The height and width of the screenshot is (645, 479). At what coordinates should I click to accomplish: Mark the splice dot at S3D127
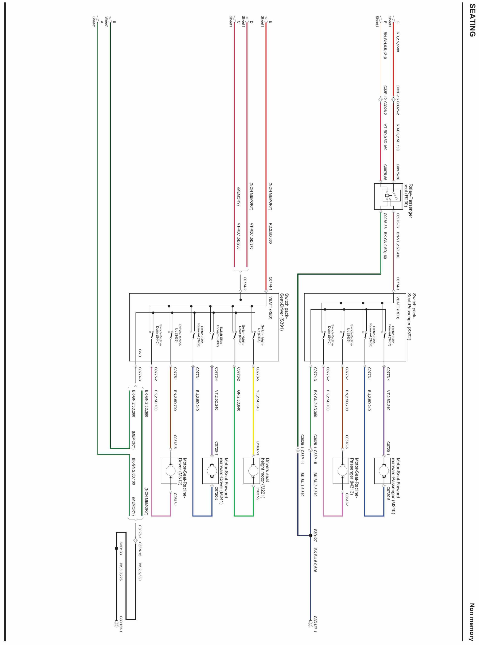pyautogui.click(x=310, y=535)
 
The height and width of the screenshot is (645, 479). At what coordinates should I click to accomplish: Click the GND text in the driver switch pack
pyautogui.click(x=140, y=353)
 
